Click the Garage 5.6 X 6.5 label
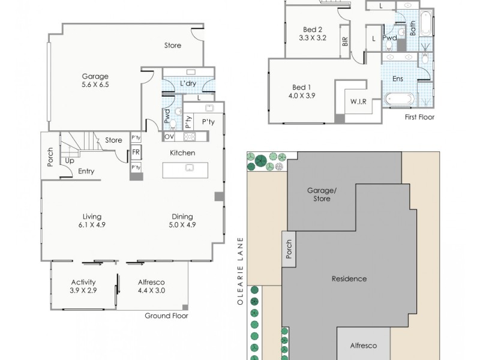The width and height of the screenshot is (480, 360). (x=96, y=80)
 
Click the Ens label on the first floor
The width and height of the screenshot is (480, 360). (x=398, y=79)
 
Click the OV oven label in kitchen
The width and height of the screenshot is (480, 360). (x=170, y=137)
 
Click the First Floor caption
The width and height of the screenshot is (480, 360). (x=419, y=117)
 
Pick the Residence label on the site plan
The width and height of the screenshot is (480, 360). (x=349, y=279)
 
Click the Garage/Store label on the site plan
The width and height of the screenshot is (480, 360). (x=322, y=194)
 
